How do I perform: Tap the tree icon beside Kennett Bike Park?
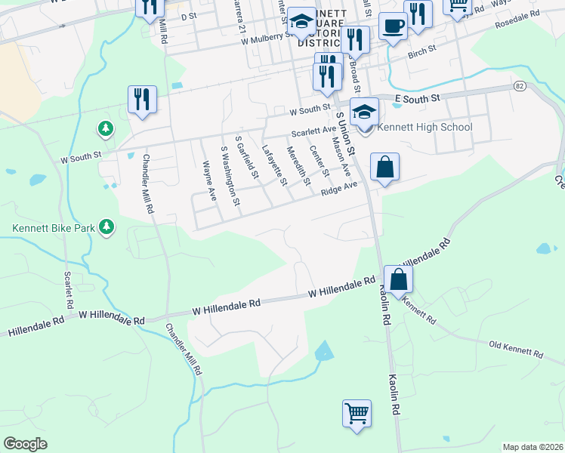coord(107,226)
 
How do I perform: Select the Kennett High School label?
coord(425,127)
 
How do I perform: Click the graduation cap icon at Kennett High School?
coord(364,112)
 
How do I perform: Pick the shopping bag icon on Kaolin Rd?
coord(398,279)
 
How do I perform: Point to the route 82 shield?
coord(519,87)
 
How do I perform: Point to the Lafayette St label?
coord(273,165)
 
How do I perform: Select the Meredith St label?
coord(298,166)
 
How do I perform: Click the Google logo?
coord(25,444)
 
